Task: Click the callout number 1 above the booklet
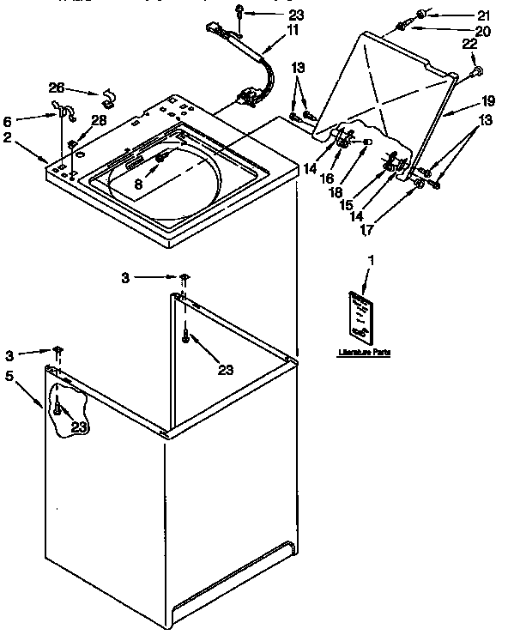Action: [x=372, y=259]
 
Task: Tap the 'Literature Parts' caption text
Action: [x=363, y=353]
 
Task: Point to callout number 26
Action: [x=56, y=87]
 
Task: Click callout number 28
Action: [x=100, y=120]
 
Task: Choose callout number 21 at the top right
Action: [x=483, y=15]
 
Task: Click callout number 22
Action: [x=469, y=45]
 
